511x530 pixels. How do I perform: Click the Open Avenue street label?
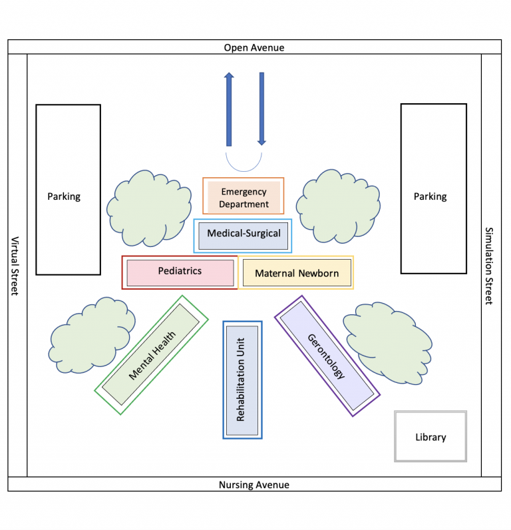(254, 47)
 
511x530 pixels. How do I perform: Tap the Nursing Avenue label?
(254, 485)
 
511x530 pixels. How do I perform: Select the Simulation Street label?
(490, 266)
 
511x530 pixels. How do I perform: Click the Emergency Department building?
(244, 198)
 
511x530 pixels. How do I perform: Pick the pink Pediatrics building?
(180, 272)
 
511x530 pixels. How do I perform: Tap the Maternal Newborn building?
(297, 273)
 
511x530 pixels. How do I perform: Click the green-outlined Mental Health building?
(152, 356)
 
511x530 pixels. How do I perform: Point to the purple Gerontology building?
(326, 356)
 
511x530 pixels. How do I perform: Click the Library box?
(430, 437)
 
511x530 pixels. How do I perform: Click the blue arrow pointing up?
(229, 110)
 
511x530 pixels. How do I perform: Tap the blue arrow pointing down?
(261, 110)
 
